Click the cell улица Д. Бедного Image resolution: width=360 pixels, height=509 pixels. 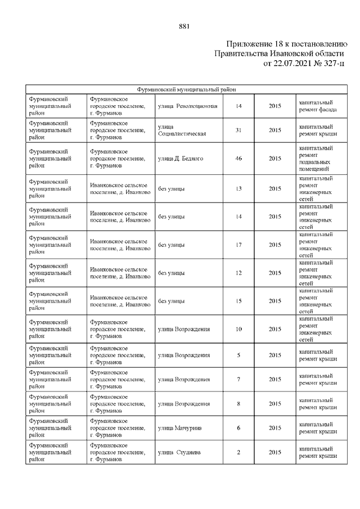pos(181,159)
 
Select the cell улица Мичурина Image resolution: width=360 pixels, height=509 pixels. pos(180,428)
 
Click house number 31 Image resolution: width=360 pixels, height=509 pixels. pos(238,130)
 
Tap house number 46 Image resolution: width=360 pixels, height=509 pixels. pos(238,159)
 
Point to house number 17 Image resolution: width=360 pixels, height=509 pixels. pos(238,245)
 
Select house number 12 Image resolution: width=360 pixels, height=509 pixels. pos(238,273)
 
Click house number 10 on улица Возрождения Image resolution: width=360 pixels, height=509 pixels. pos(238,329)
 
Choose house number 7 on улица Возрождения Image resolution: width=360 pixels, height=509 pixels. pos(238,379)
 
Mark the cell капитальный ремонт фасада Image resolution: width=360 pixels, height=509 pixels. pos(318,106)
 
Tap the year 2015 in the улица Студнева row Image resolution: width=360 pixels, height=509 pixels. pos(274,452)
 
